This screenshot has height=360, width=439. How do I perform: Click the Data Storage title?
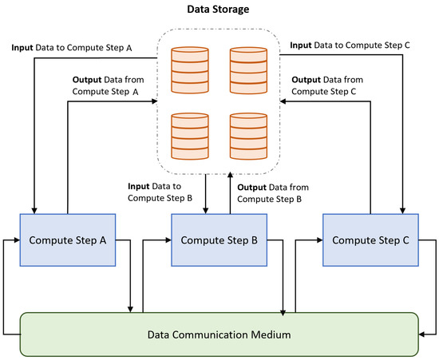(x=218, y=10)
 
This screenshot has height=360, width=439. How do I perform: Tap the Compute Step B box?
(x=218, y=239)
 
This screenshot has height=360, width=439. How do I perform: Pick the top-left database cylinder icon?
(x=190, y=70)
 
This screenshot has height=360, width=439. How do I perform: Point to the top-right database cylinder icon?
(x=247, y=70)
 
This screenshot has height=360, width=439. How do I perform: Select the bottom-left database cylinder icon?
(x=190, y=135)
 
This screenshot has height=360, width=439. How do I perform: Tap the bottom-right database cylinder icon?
(x=247, y=135)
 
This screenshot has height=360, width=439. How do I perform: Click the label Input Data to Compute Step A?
(x=71, y=48)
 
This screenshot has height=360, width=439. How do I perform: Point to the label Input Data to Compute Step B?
(x=160, y=192)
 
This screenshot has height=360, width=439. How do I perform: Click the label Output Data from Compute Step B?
(x=269, y=192)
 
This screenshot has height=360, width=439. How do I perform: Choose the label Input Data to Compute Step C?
(x=350, y=46)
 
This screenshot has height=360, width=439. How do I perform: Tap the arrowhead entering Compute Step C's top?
(x=405, y=209)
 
